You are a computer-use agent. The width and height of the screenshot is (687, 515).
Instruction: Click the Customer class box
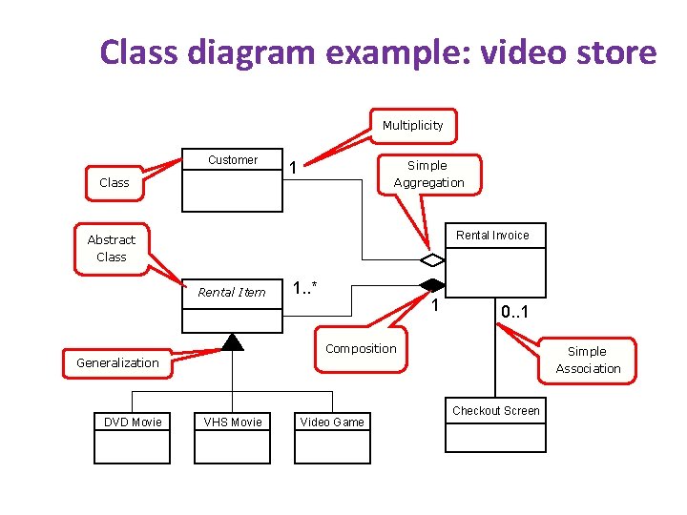(233, 180)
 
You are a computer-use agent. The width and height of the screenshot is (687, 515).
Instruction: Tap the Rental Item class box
(232, 305)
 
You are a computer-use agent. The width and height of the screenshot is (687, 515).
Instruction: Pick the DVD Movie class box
(133, 438)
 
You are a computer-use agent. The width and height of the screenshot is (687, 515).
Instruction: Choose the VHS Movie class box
(232, 438)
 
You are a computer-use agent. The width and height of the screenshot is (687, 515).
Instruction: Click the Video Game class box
(332, 438)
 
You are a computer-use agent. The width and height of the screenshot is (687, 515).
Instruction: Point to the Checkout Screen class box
(495, 424)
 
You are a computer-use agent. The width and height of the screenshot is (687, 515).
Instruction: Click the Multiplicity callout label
(412, 125)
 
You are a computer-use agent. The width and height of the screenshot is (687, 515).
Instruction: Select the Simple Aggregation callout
(428, 174)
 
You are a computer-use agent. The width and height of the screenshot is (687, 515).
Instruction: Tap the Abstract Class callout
(112, 248)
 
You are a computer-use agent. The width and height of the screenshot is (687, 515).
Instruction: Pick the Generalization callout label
(117, 362)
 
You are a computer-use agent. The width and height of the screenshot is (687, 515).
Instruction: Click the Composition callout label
(361, 348)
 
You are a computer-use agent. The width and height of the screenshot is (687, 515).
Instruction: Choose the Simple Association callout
(588, 360)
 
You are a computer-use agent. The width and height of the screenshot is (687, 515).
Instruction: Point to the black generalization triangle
(232, 342)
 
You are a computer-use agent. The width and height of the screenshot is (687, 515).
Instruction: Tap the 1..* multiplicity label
(305, 287)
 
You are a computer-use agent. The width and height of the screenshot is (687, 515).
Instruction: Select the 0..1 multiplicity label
(516, 312)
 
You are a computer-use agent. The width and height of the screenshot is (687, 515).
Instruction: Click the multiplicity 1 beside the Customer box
(294, 168)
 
